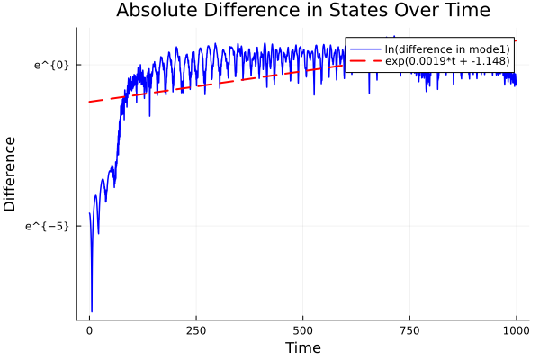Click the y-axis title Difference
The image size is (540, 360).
pos(11,174)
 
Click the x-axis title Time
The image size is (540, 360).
pos(302,347)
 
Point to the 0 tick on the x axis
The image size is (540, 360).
pos(89,330)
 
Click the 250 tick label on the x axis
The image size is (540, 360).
pos(196,330)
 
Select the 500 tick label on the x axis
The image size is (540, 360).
pos(302,330)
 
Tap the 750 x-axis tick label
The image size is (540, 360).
pos(409,330)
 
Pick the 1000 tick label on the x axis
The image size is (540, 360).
pos(517,330)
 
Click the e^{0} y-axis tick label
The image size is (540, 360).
pos(51,65)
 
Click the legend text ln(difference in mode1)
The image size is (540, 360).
pos(435,48)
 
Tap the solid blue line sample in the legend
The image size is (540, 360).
pos(364,48)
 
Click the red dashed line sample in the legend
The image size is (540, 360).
pos(364,61)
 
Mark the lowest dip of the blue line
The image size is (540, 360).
pos(92,310)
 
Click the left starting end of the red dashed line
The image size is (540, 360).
pos(89,102)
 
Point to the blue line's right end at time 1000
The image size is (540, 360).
pos(516,83)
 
